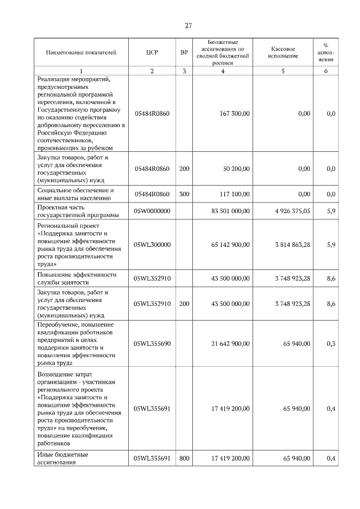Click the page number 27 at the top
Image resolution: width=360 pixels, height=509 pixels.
click(188, 25)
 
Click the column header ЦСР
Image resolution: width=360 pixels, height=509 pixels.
click(152, 53)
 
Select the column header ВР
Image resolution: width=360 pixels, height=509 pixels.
click(184, 53)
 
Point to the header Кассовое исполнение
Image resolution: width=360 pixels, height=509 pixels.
click(283, 53)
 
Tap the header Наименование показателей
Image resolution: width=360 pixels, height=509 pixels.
click(81, 53)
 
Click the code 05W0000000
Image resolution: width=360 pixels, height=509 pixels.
click(152, 211)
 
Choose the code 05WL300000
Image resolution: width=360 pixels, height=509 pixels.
click(152, 245)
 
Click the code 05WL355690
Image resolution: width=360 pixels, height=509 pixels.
click(152, 343)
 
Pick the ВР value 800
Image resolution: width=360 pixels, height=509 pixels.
click(184, 458)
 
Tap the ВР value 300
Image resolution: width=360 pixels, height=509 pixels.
click(184, 194)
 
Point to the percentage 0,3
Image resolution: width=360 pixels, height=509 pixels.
click(331, 343)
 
